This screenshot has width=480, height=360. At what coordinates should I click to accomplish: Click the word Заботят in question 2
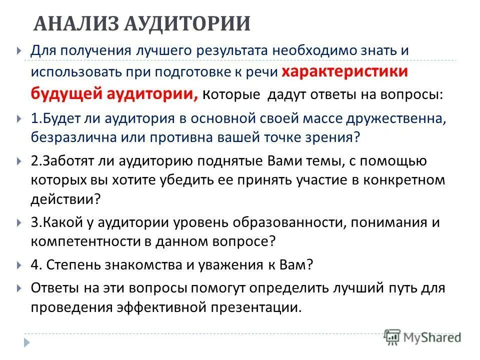pos(72,161)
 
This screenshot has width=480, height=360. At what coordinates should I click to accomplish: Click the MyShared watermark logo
pos(422,337)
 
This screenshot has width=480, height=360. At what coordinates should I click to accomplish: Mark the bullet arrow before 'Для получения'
pos(18,51)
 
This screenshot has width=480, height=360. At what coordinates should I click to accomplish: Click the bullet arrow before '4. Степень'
pos(18,265)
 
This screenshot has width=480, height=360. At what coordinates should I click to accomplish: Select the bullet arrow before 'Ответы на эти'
pos(18,288)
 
